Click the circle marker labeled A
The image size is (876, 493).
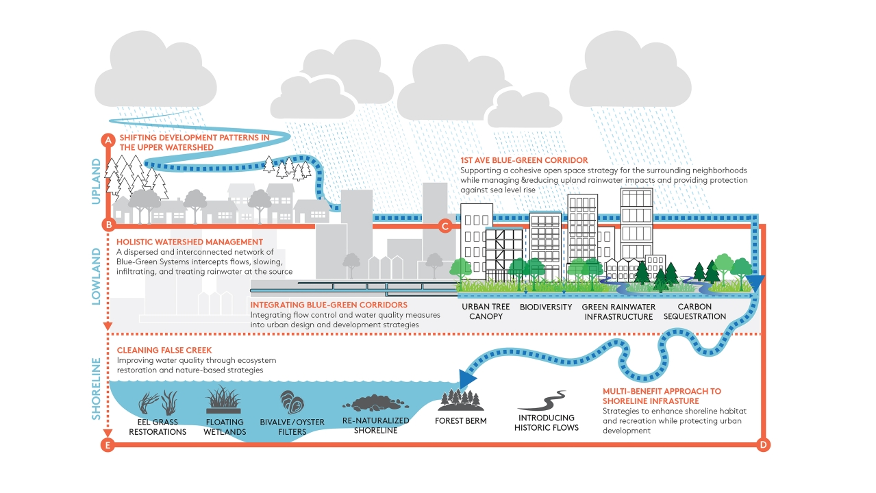pyautogui.click(x=107, y=140)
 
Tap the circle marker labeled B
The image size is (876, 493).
pyautogui.click(x=107, y=225)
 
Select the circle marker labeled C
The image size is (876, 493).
pyautogui.click(x=445, y=225)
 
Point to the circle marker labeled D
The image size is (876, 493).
pyautogui.click(x=764, y=445)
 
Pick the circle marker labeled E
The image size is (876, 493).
pyautogui.click(x=107, y=445)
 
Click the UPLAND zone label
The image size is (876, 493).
pyautogui.click(x=97, y=181)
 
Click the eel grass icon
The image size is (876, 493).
pyautogui.click(x=158, y=402)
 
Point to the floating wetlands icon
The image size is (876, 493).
pyautogui.click(x=224, y=400)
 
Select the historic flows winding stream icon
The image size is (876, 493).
pyautogui.click(x=547, y=401)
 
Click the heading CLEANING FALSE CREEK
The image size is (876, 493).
pyautogui.click(x=164, y=351)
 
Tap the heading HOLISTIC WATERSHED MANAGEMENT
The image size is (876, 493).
pyautogui.click(x=190, y=242)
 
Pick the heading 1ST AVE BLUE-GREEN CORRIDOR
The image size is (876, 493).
pyautogui.click(x=524, y=160)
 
